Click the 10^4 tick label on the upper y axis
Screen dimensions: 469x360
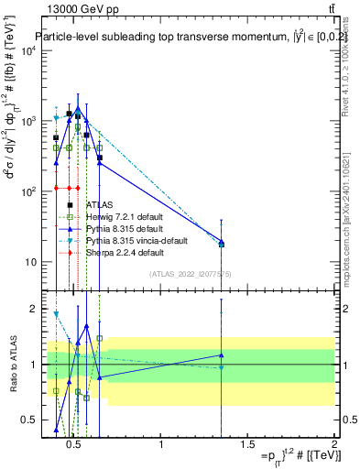[27, 50]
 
